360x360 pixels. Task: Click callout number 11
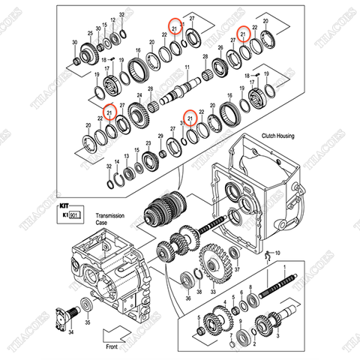tap(187, 67)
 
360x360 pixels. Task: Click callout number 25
tap(90, 34)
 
